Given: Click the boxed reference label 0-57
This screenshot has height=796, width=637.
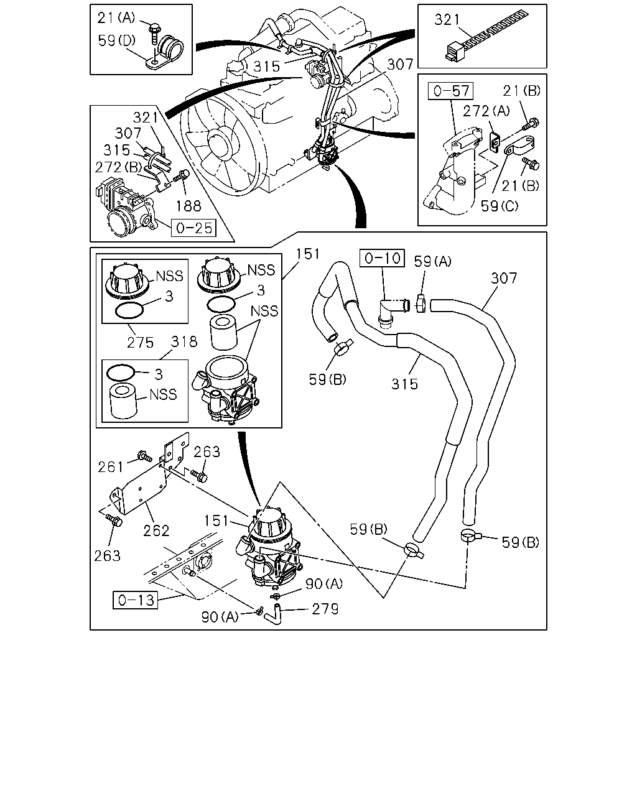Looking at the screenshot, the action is coord(450,91).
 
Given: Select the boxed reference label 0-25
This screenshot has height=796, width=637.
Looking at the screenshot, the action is coord(193,228).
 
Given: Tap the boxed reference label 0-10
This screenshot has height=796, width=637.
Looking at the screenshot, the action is coord(382,258).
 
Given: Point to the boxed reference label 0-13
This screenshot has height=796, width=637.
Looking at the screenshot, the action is coord(136,599).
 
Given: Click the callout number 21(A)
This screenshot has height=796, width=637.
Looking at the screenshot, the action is coord(116,18).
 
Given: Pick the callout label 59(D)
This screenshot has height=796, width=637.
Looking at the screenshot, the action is coord(117,40).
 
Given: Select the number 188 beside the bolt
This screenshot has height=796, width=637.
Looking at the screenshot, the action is coord(188,206).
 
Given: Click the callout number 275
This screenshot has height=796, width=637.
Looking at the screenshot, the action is coord(140,343).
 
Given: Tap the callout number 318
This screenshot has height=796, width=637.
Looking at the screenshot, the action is coord(184,341).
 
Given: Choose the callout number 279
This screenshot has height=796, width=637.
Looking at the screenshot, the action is coord(325,609).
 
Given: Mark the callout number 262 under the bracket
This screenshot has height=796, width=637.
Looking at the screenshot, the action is coord(156,531).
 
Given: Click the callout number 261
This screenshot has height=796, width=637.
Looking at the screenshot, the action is coord(111,467).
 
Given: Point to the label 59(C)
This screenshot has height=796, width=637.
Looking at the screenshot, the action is coord(500,206).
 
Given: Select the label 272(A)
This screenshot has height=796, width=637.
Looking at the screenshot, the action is coord(486,111).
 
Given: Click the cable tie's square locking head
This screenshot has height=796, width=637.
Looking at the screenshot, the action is coord(455,52).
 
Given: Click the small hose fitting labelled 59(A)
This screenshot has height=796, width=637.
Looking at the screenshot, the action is coord(421,303).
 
